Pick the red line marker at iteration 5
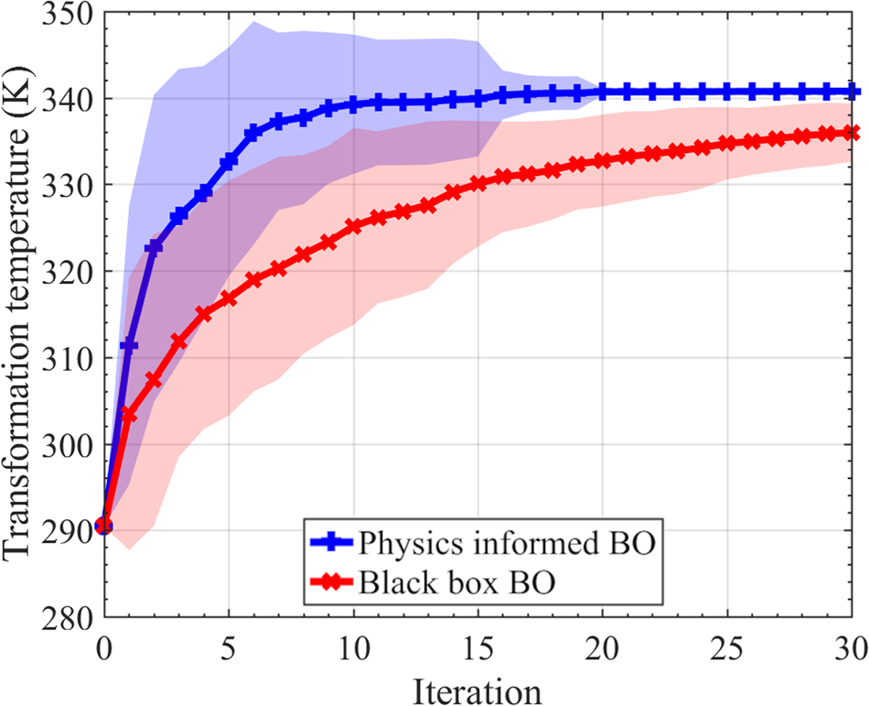(x=229, y=299)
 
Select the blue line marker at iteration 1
(x=129, y=345)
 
